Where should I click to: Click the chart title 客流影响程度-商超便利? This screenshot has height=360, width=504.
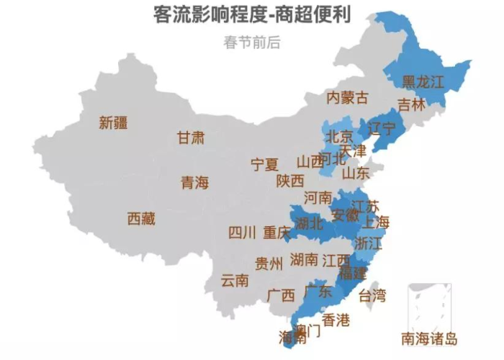tap(252, 14)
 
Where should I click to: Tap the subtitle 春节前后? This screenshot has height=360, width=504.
tap(252, 42)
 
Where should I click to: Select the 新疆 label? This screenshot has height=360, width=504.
tap(114, 123)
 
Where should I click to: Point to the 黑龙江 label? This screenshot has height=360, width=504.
tap(423, 81)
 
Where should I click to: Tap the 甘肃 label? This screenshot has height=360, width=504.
tap(191, 138)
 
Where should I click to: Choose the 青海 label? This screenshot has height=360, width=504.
tap(194, 183)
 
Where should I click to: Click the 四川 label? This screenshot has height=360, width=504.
tap(243, 233)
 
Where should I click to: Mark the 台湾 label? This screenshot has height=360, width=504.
tap(372, 295)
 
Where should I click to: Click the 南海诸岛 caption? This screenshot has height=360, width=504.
tap(430, 339)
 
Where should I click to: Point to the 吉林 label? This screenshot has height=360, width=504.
tap(412, 104)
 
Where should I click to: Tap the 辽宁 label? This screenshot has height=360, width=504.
tap(382, 130)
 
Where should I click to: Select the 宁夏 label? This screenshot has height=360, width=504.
tap(264, 165)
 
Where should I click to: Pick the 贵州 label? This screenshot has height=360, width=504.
tap(269, 264)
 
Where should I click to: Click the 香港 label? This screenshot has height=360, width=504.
tap(336, 320)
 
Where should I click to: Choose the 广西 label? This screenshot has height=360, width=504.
tap(281, 295)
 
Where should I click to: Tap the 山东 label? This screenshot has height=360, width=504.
tap(356, 174)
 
